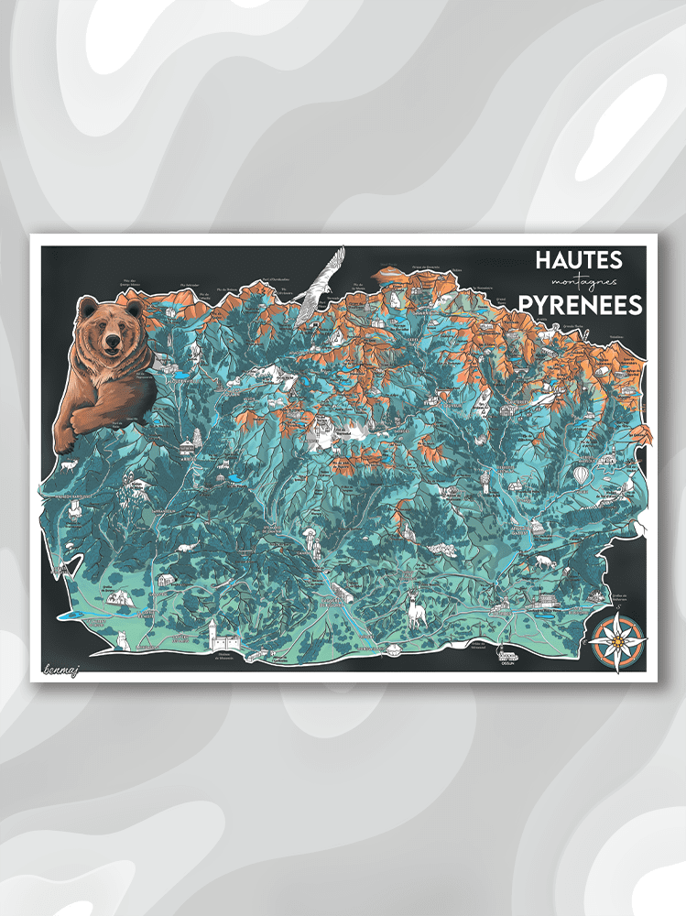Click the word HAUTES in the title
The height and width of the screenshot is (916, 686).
(x=578, y=260)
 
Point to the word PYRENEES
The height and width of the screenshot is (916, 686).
(x=579, y=305)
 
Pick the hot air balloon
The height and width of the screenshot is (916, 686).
(x=583, y=475)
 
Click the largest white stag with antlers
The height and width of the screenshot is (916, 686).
(x=418, y=608)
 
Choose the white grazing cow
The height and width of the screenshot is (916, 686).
(x=545, y=562)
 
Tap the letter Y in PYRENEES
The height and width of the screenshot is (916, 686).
(x=541, y=305)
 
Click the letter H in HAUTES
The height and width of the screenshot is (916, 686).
(x=544, y=260)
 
